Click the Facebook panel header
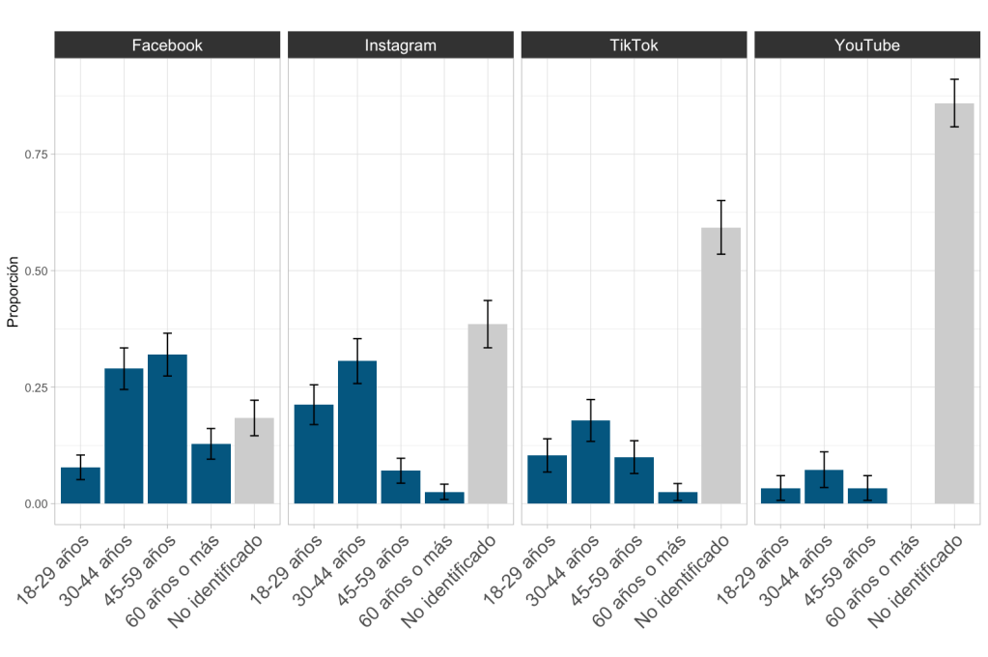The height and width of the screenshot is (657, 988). click(x=167, y=44)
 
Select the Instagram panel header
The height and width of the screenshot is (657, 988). click(x=400, y=44)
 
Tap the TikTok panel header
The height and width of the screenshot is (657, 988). click(x=634, y=44)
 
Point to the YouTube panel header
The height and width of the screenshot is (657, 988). click(x=866, y=44)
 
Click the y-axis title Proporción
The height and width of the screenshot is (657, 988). click(x=14, y=293)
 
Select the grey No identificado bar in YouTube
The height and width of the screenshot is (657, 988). click(x=954, y=303)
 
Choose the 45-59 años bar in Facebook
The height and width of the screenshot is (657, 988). click(x=167, y=429)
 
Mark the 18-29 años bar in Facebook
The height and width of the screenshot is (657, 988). click(x=80, y=485)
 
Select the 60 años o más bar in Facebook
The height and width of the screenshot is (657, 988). click(x=211, y=473)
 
